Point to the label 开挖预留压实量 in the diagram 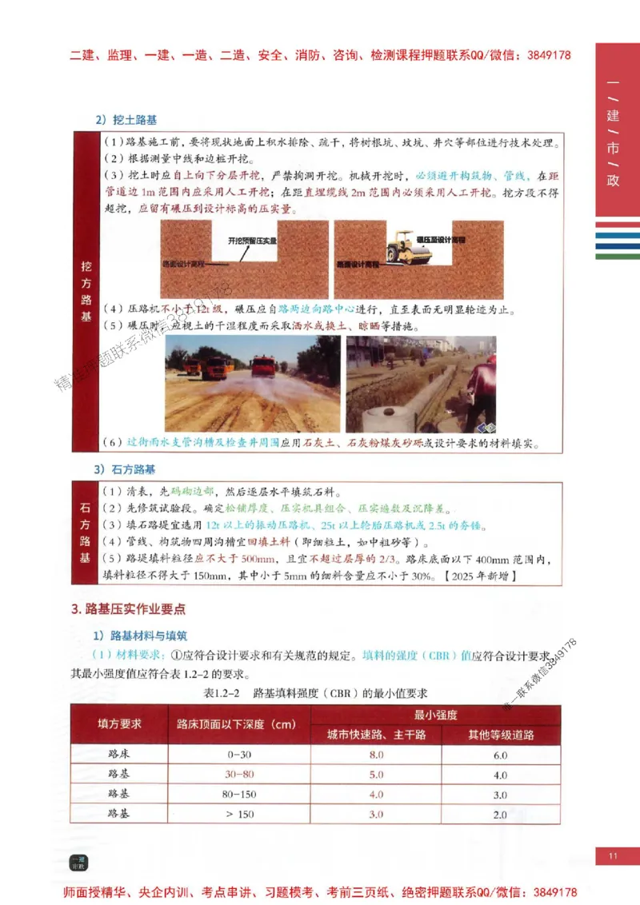coord(253,240)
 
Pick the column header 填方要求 coord(119,724)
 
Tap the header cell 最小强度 coord(435,714)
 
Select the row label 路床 coord(119,754)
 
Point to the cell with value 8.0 coord(376,754)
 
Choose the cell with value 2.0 coord(500,815)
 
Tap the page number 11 coord(614,857)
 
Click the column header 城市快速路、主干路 coord(376,735)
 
